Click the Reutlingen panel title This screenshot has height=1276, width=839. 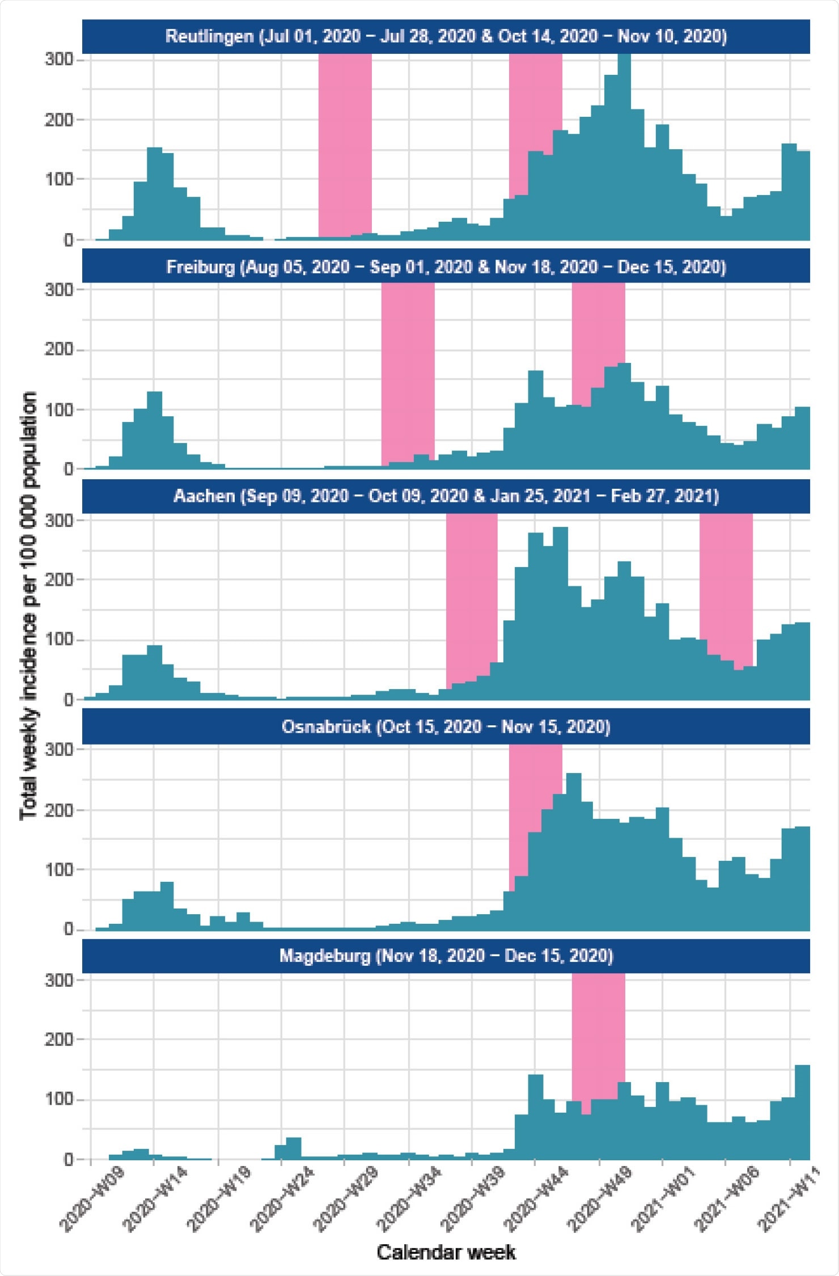click(446, 37)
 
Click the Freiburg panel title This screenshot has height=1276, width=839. click(446, 267)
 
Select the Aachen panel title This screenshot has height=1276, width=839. click(446, 496)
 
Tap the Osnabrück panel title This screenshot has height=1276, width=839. click(446, 727)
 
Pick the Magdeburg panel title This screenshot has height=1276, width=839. click(446, 956)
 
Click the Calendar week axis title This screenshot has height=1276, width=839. click(446, 1252)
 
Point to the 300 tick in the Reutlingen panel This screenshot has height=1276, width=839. click(60, 60)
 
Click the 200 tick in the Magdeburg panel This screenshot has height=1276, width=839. click(60, 1040)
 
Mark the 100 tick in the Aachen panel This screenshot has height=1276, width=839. click(60, 640)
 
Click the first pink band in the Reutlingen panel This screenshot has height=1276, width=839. click(345, 142)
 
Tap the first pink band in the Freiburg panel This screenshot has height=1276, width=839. click(408, 369)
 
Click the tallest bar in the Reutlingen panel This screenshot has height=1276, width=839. click(624, 147)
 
